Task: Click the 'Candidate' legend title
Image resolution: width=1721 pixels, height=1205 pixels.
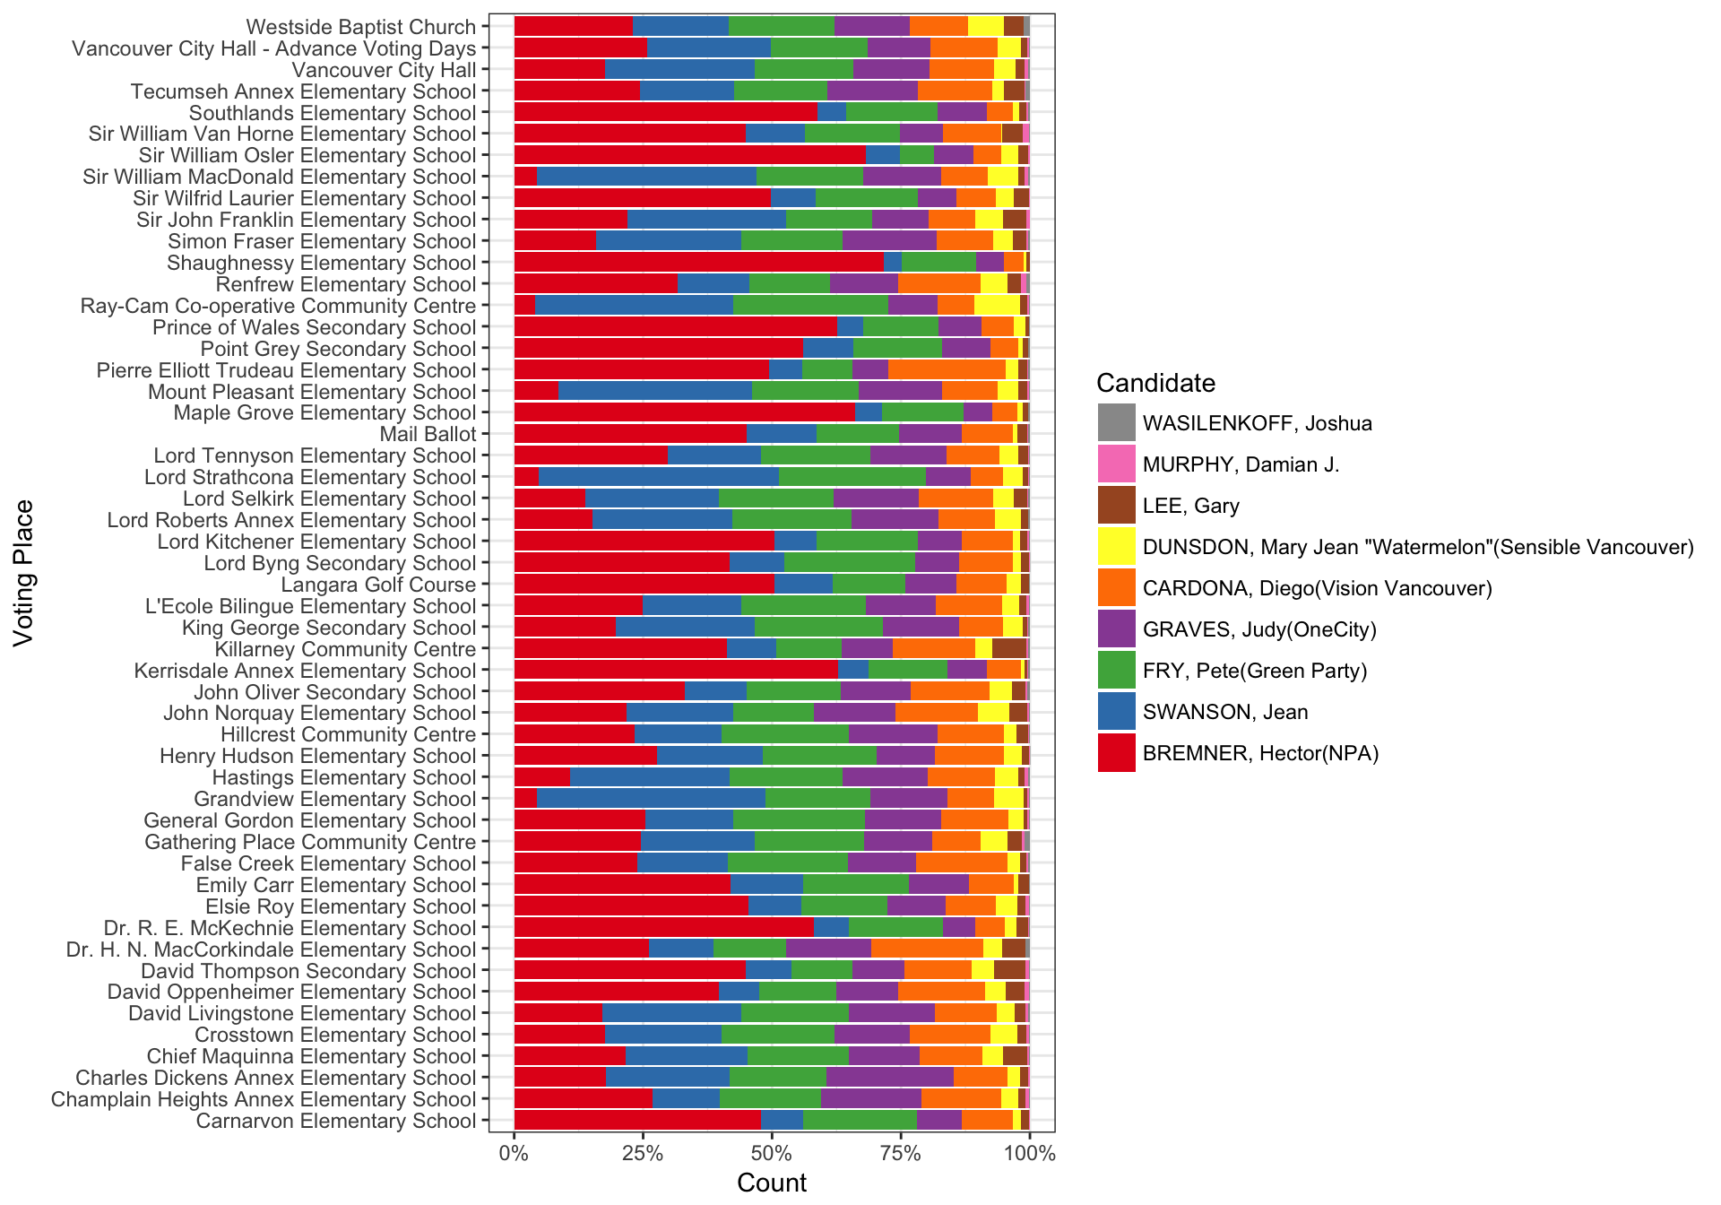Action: coord(1155,383)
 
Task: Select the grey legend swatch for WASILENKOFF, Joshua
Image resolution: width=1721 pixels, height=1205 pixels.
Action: coord(1116,422)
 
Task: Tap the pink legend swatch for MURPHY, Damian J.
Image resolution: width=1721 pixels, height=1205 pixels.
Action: coord(1116,464)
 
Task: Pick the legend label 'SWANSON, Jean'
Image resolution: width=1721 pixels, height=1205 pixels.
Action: coord(1224,712)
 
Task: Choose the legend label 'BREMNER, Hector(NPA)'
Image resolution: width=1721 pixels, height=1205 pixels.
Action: coord(1260,753)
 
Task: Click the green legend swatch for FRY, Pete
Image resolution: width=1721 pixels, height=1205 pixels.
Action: coord(1116,670)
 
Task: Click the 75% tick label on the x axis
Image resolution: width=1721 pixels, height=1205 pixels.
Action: coord(900,1154)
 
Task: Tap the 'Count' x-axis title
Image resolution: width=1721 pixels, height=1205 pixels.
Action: coord(771,1183)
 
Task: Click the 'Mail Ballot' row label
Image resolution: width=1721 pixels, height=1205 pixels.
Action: coord(428,434)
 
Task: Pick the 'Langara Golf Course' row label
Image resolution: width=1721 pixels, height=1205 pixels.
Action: coord(378,585)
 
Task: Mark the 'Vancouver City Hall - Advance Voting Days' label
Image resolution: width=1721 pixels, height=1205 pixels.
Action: coord(273,48)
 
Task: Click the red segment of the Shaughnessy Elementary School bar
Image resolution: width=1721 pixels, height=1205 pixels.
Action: coord(697,262)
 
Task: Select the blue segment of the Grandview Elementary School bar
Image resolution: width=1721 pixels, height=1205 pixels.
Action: coord(651,799)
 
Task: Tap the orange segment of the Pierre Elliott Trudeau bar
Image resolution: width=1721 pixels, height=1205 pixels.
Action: coord(947,369)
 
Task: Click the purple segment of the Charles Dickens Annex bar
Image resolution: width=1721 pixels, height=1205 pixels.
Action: coord(889,1078)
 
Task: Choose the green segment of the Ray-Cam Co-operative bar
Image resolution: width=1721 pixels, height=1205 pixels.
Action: coord(810,305)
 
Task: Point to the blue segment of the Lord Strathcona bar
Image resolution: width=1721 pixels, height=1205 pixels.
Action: coord(659,477)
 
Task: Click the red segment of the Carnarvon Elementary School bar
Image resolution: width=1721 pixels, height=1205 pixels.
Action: coord(636,1121)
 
